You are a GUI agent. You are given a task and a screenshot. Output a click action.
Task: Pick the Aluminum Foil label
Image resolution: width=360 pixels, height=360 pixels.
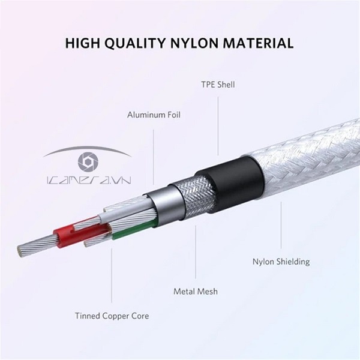click(x=154, y=114)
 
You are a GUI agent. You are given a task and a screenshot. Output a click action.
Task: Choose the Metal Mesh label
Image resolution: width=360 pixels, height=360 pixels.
click(x=196, y=292)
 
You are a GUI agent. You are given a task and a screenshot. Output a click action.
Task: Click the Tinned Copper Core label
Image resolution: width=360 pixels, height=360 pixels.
click(x=112, y=315)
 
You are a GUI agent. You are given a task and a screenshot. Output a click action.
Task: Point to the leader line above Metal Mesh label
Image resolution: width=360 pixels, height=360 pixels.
click(x=196, y=252)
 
